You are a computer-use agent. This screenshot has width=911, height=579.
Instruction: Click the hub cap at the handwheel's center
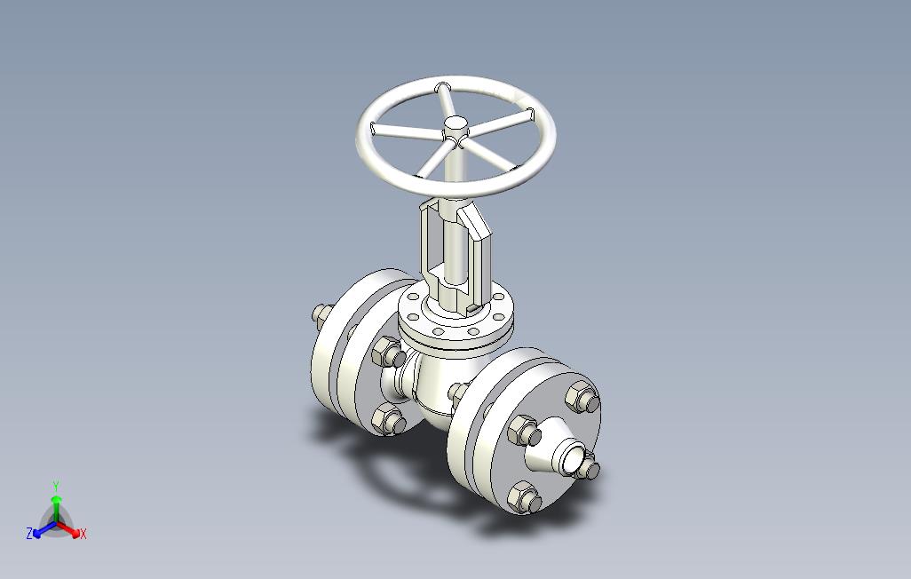[x=455, y=123]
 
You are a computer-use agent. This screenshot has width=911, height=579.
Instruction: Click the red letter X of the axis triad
[x=83, y=534]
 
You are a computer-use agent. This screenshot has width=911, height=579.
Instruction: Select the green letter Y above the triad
[x=56, y=486]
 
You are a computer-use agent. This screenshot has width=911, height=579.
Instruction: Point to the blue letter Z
[x=29, y=533]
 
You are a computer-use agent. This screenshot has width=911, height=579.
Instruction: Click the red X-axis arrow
[x=68, y=529]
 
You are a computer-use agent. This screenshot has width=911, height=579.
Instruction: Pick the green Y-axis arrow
[x=56, y=508]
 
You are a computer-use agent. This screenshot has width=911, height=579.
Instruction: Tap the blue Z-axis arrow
[x=44, y=529]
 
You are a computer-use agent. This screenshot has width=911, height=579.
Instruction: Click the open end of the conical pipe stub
[x=573, y=457]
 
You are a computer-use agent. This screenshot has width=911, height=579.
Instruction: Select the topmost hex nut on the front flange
[x=582, y=396]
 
